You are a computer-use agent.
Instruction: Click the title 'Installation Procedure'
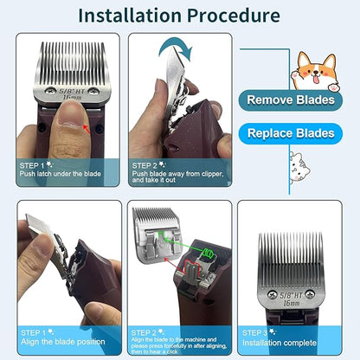click(x=180, y=16)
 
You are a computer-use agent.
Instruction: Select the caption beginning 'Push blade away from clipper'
click(x=179, y=176)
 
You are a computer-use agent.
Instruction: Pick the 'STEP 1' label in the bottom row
click(x=32, y=330)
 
